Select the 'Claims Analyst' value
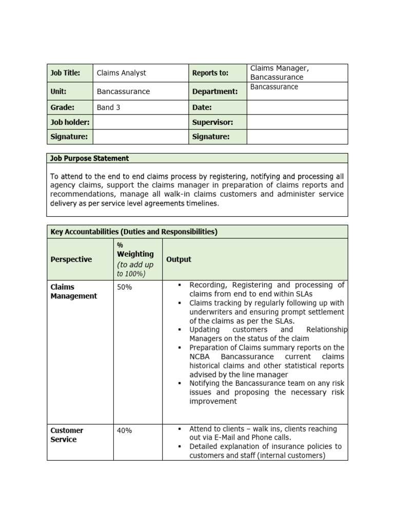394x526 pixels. (121, 73)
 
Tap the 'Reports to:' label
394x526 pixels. (210, 73)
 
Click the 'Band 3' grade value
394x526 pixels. (108, 107)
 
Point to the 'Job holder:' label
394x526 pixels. (70, 122)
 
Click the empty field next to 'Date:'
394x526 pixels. (297, 107)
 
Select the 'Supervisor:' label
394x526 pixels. (212, 122)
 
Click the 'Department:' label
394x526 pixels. (215, 91)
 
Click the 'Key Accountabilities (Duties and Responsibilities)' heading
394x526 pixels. (134, 232)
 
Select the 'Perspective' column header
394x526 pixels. (71, 259)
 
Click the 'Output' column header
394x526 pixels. (179, 259)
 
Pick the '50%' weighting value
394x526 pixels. (124, 287)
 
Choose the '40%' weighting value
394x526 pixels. (124, 430)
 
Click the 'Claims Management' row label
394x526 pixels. (73, 291)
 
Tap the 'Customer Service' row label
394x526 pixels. (67, 435)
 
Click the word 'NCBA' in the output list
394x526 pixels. (200, 356)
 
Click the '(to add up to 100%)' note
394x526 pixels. (135, 269)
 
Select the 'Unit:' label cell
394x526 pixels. (58, 91)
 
